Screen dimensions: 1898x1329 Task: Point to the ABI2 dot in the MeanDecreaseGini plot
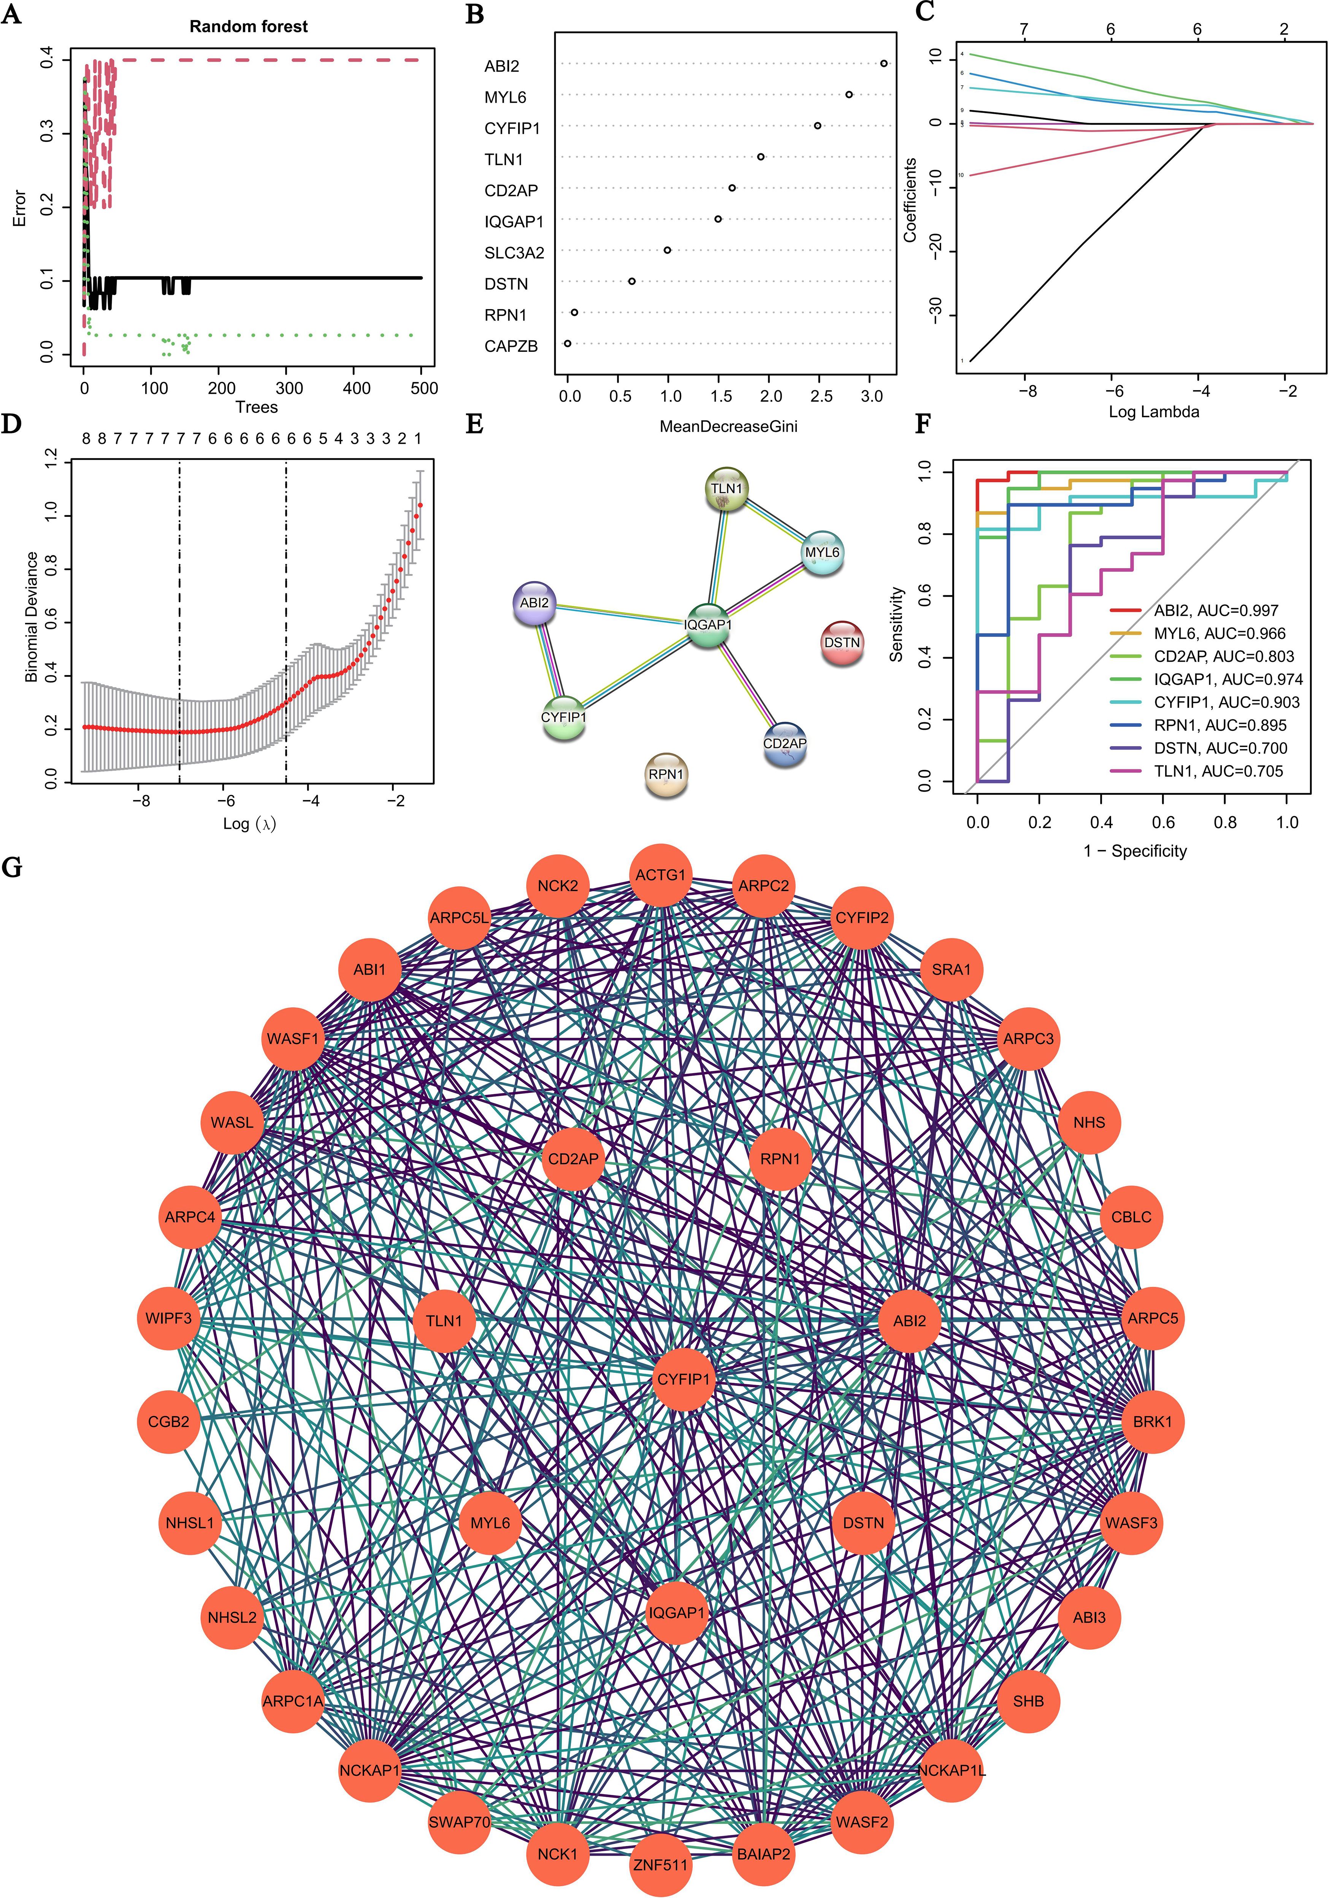point(883,64)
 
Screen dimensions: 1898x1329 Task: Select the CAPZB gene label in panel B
point(511,346)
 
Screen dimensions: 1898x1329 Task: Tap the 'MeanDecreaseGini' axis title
point(728,427)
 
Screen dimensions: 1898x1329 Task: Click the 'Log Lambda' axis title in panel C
point(1153,412)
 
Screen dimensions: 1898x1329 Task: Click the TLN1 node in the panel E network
point(727,489)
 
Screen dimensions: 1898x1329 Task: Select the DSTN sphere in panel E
point(842,643)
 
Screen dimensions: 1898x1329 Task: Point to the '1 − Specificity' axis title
point(1135,851)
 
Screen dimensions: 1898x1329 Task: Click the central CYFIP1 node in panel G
point(684,1379)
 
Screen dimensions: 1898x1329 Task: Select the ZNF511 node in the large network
point(660,1865)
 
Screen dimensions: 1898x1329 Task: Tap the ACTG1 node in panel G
point(660,875)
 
